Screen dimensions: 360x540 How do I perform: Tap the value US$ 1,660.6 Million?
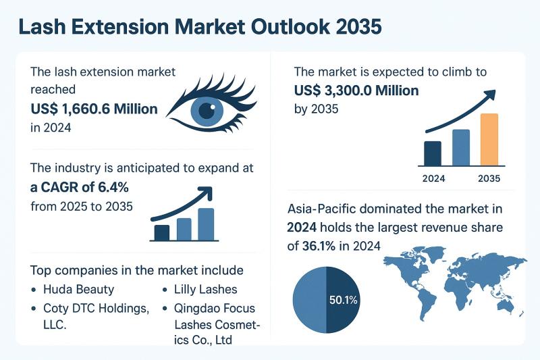tap(94, 108)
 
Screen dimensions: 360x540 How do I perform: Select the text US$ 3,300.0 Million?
tap(356, 91)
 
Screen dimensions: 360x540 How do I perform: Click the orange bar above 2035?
tap(489, 140)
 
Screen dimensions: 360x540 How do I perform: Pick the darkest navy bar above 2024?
tap(432, 153)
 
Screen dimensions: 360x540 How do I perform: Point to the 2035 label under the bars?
tap(489, 179)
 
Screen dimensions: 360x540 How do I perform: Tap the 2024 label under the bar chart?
tap(433, 179)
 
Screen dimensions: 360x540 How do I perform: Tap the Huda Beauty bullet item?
tap(80, 290)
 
